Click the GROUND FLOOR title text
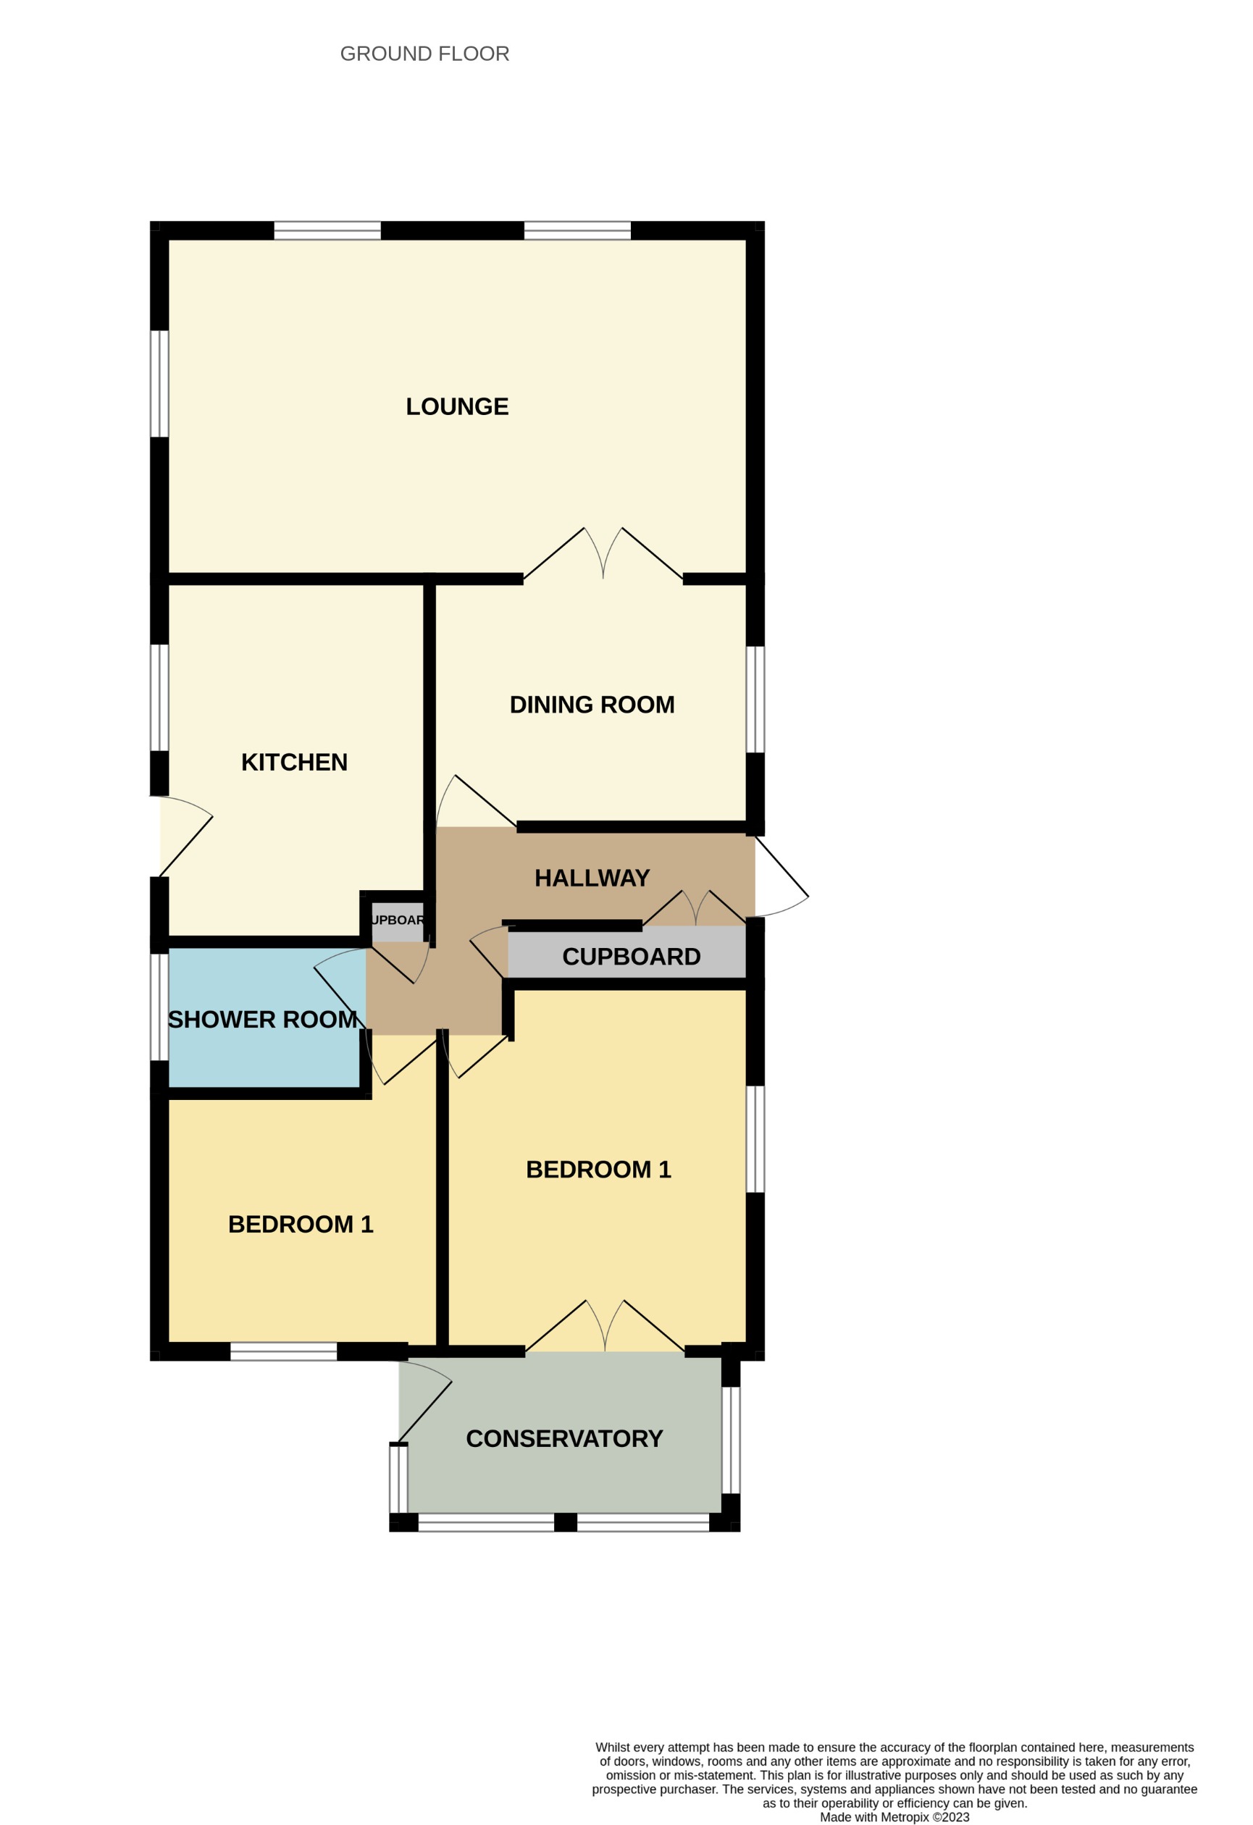[424, 54]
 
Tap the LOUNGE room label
[456, 407]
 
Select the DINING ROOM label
[592, 705]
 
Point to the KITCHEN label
[294, 762]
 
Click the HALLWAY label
[592, 877]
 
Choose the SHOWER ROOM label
[262, 1019]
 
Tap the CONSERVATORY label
[564, 1439]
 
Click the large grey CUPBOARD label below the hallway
[631, 957]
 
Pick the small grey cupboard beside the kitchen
[397, 920]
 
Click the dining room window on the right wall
[754, 699]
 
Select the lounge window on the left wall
[159, 383]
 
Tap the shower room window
[159, 1007]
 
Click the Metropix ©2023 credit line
[894, 1816]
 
